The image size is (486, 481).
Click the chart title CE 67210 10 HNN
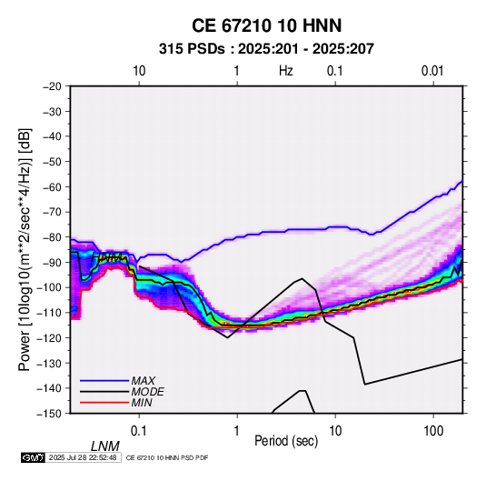pos(266,25)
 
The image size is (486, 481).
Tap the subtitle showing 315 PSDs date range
pos(266,49)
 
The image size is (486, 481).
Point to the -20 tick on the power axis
pos(52,86)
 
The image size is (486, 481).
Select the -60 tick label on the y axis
pos(52,186)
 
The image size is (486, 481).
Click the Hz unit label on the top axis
pos(286,71)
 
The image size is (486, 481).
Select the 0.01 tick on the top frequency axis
pos(432,71)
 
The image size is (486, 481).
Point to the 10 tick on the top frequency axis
pos(139,71)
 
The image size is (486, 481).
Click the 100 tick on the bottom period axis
pos(433,431)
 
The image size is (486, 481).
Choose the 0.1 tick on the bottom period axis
pos(139,431)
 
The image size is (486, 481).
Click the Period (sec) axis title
pos(286,441)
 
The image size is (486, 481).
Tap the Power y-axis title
pos(25,250)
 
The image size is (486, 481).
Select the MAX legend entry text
pos(144,381)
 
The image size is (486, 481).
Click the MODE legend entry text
pos(147,392)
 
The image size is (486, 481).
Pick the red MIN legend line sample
pos(104,403)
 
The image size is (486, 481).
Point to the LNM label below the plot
pos(105,446)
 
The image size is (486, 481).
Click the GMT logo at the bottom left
pos(34,457)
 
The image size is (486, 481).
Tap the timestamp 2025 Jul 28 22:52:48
pos(83,457)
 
